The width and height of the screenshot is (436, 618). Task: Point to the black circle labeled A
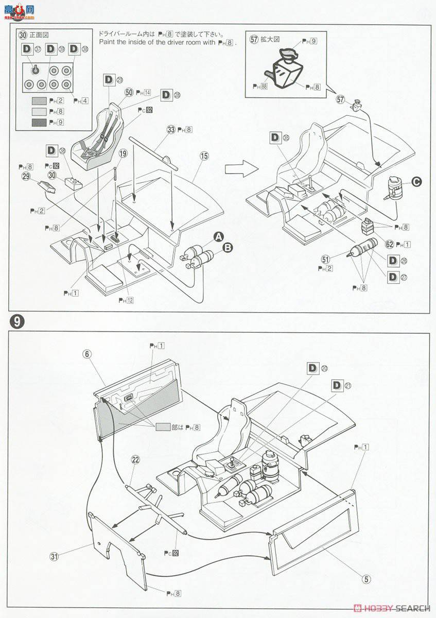(x=219, y=236)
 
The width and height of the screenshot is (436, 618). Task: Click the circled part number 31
(x=54, y=556)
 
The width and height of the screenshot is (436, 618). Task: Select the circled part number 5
(x=366, y=579)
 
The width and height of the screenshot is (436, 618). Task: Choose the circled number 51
(x=325, y=260)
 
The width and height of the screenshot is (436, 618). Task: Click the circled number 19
(x=123, y=153)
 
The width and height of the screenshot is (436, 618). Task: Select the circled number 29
(x=25, y=177)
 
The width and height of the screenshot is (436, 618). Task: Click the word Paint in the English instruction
(x=109, y=43)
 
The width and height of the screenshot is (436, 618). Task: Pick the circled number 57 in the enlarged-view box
(x=254, y=39)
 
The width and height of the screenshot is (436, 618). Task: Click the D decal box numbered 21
(x=338, y=385)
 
